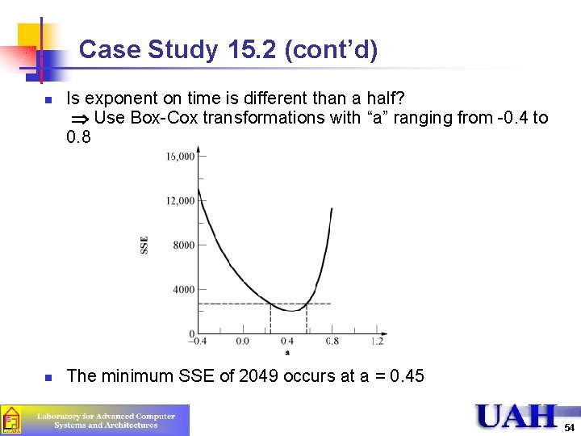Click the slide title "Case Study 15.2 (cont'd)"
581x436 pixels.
[228, 51]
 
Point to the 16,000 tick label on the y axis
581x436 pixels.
[180, 157]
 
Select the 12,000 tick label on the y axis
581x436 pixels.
[180, 201]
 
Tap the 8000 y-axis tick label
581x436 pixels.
[184, 245]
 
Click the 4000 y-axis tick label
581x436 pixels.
[184, 290]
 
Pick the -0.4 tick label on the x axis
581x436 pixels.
[197, 342]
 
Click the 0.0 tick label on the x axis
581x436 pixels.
[242, 342]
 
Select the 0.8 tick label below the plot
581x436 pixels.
[332, 342]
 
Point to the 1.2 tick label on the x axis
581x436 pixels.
[377, 342]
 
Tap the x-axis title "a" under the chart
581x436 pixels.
[286, 352]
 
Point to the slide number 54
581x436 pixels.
[570, 427]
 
